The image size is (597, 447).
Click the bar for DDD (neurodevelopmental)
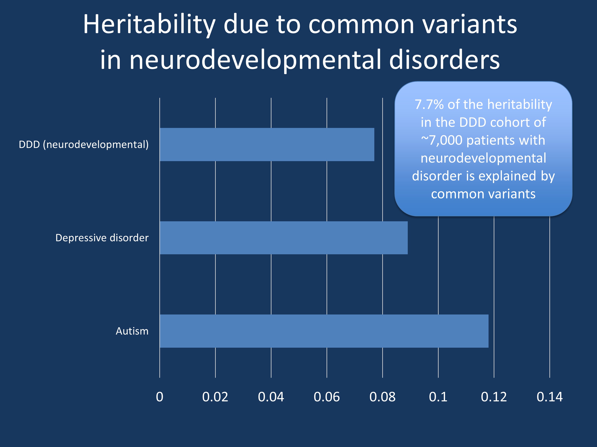(x=267, y=144)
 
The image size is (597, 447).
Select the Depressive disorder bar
(x=283, y=238)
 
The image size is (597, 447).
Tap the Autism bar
(x=324, y=331)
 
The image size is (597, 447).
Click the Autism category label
(x=132, y=331)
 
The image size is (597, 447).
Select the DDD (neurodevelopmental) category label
(x=83, y=144)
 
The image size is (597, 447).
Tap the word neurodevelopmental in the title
(x=255, y=60)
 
